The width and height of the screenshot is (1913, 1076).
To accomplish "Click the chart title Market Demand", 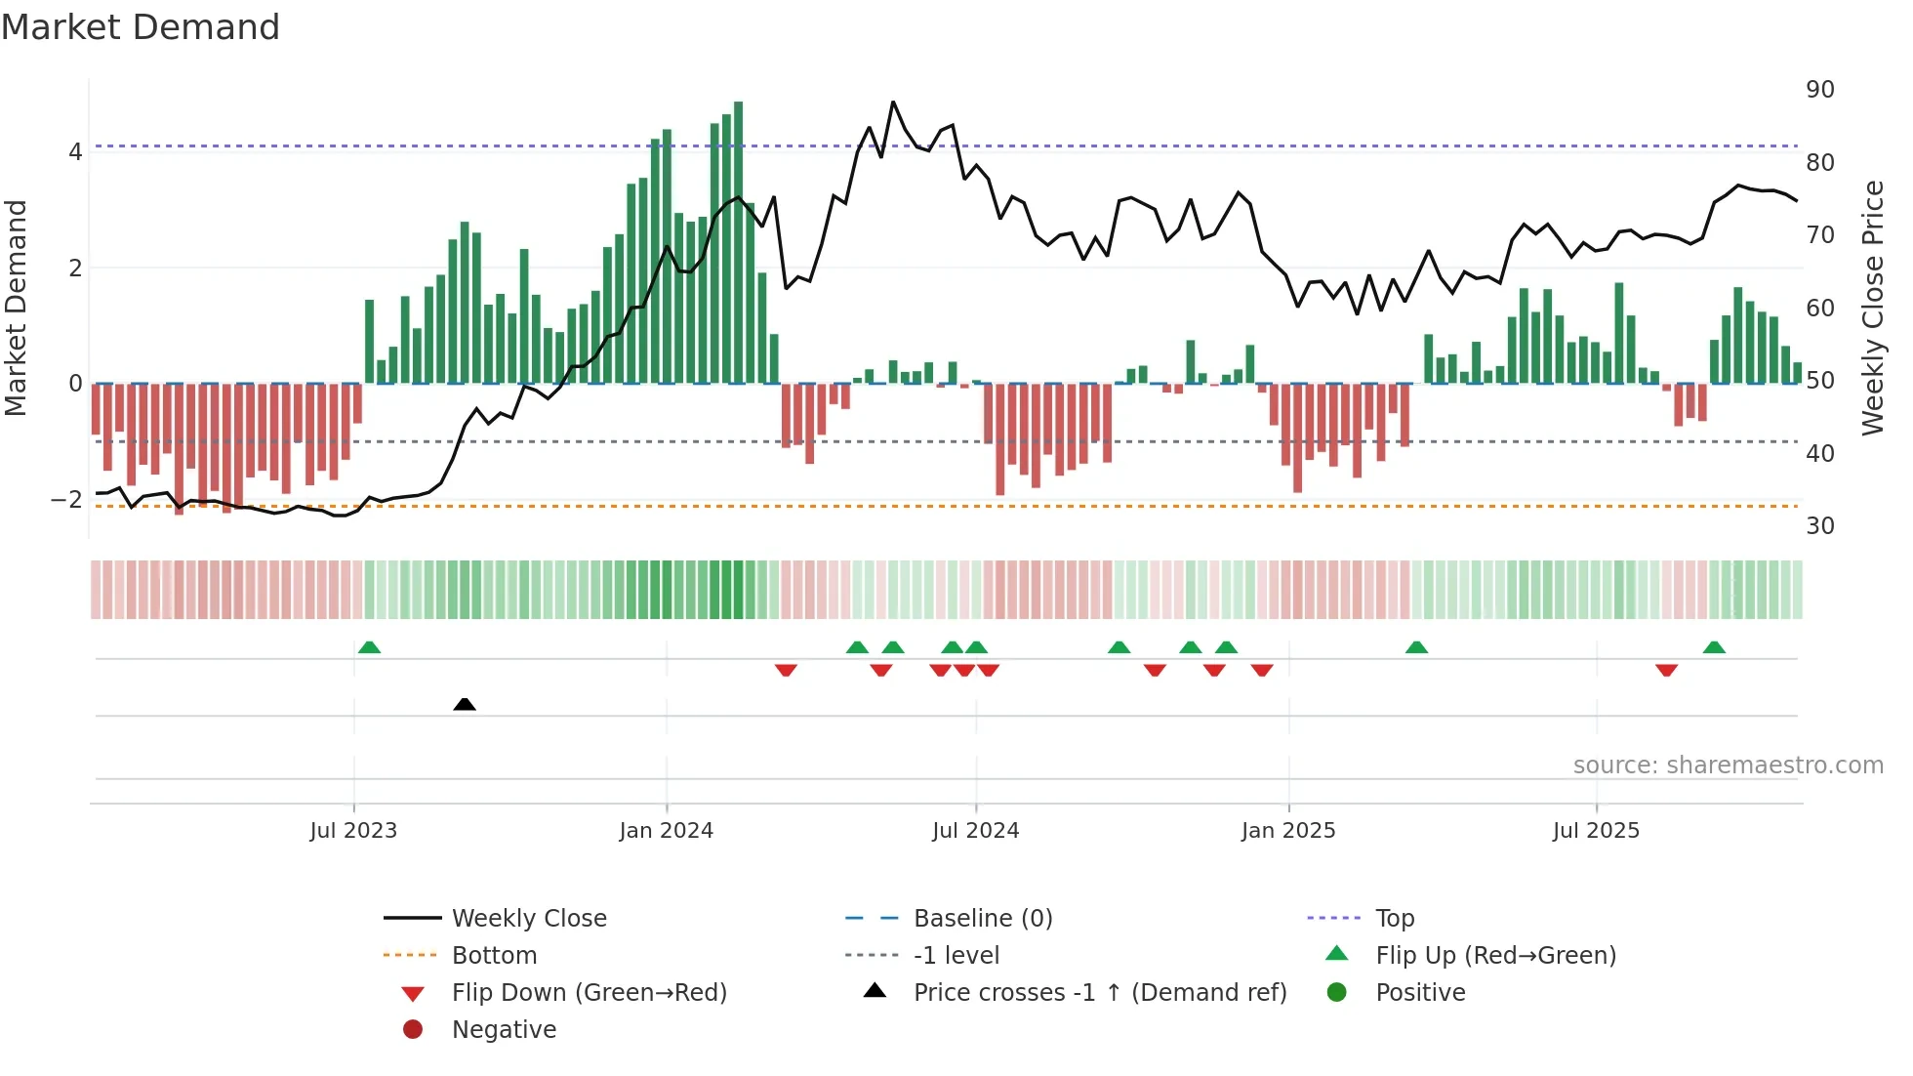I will point(141,27).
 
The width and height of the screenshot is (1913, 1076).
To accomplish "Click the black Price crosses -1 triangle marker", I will point(465,704).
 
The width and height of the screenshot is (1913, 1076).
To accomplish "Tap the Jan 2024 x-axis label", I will point(666,831).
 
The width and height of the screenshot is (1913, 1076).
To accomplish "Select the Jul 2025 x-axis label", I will point(1596,831).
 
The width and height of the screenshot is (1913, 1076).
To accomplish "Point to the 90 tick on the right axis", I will point(1819,90).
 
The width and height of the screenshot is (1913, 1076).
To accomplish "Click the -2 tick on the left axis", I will point(66,499).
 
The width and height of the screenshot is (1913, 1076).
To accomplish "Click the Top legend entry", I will point(1394,918).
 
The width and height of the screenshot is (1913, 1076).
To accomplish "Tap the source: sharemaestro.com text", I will point(1728,765).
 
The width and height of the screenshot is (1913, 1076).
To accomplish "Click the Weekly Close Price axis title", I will point(1872,308).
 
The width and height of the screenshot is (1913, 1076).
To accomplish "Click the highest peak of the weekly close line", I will point(892,102).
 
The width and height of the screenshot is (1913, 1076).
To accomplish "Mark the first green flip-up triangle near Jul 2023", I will point(369,647).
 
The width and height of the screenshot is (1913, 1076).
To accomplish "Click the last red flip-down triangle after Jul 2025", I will point(1666,670).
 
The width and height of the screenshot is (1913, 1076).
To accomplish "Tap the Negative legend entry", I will point(504,1029).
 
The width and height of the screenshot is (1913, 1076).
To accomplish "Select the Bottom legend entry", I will point(494,955).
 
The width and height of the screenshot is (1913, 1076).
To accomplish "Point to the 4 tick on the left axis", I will point(75,151).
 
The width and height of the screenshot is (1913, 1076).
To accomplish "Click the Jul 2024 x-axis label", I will point(975,831).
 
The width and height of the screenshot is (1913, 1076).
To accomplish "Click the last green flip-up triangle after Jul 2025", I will point(1714,647).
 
